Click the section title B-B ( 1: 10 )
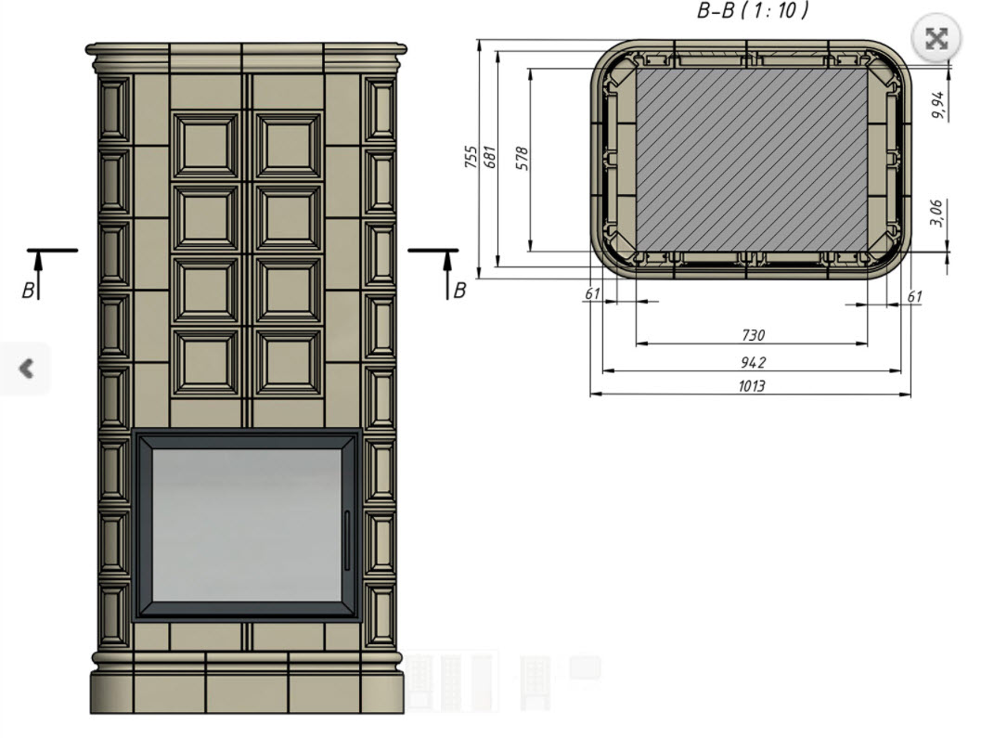(x=753, y=10)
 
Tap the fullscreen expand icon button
(x=936, y=39)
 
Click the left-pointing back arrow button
(x=26, y=368)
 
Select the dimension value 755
(x=471, y=157)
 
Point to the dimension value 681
(x=490, y=157)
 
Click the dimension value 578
(x=523, y=159)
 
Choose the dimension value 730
(x=754, y=335)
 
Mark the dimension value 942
(x=753, y=362)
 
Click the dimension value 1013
(x=752, y=385)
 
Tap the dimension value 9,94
(x=937, y=105)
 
